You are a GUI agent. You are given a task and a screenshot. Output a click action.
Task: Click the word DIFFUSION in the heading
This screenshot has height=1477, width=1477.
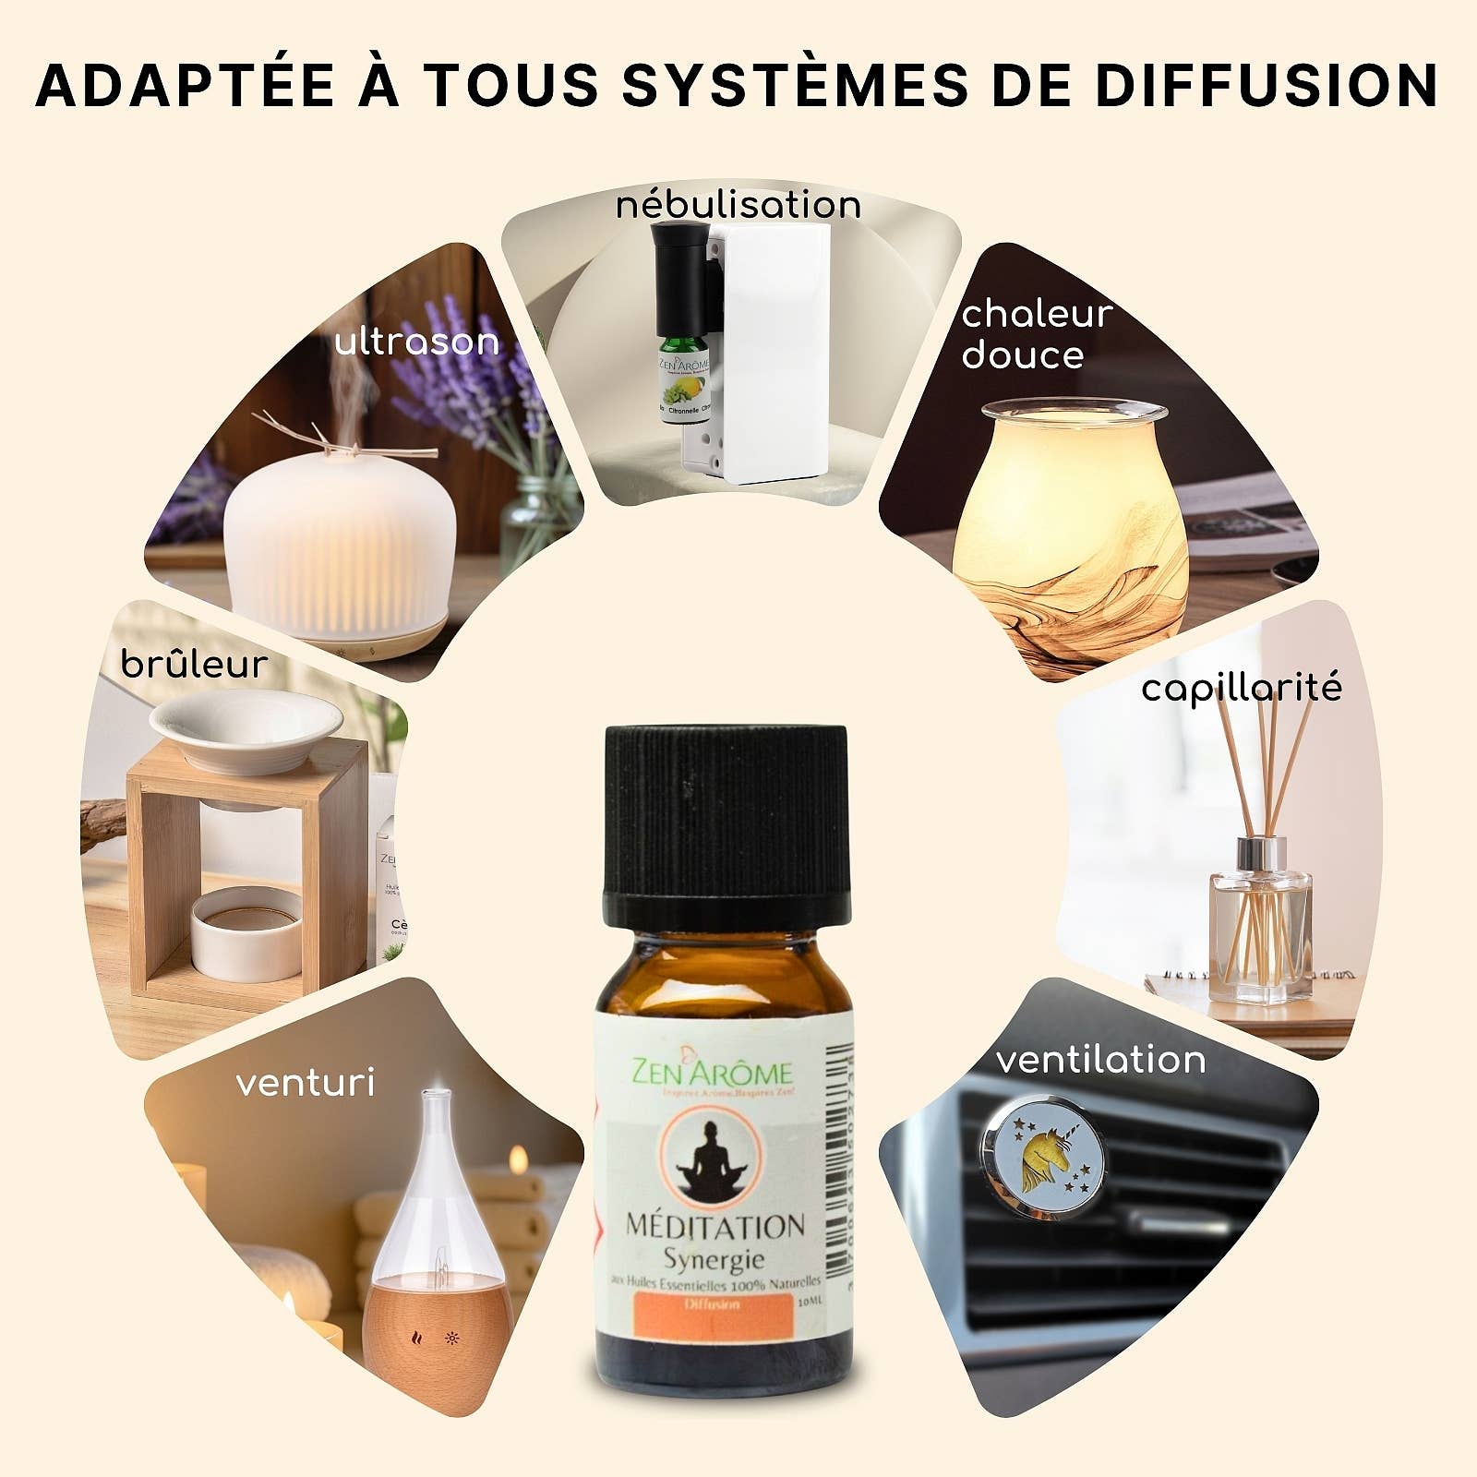coord(1267,85)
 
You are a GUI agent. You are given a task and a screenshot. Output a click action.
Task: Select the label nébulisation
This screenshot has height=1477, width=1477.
coord(738,204)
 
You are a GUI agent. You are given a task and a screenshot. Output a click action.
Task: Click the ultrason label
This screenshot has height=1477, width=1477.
coord(416,342)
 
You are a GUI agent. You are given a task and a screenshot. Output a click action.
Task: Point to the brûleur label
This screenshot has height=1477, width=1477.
coord(194,664)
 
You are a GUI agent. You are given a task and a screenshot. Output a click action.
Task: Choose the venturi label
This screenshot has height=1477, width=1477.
coord(305,1083)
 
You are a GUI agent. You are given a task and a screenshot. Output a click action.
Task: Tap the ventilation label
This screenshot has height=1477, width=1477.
coord(1100,1060)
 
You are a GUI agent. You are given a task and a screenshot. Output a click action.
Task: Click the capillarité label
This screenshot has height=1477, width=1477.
coord(1241,688)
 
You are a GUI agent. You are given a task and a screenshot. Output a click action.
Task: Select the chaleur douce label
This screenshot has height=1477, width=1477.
coord(1036,333)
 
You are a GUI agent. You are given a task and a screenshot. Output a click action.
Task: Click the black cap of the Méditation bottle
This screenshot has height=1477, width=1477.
coord(726,822)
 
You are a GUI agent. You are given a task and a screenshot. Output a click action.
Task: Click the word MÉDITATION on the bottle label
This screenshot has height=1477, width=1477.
coord(715,1226)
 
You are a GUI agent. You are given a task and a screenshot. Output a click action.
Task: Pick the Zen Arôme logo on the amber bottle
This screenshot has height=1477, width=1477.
coord(711,1073)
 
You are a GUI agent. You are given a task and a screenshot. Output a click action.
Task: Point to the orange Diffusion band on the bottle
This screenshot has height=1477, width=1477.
coord(711,1305)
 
